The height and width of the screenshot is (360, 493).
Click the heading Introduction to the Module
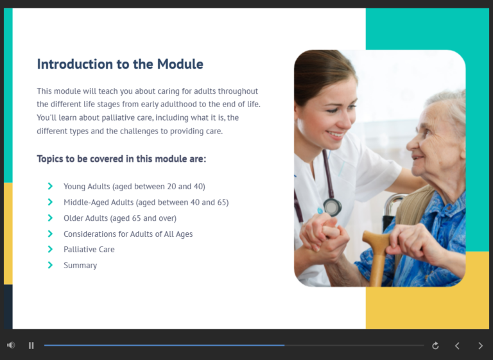pos(120,64)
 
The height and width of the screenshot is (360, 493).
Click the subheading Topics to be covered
pos(121,159)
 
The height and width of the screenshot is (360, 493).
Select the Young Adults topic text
pos(134,187)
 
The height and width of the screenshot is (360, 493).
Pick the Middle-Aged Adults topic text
pos(146,202)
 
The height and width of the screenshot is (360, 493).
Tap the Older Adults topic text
pos(119,218)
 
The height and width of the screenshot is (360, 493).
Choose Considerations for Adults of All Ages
pos(128,234)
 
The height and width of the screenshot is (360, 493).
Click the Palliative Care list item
pos(89,250)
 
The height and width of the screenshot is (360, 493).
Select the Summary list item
pos(80,266)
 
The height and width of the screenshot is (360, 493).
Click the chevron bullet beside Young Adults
pos(50,187)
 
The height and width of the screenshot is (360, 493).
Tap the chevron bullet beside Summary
pos(50,265)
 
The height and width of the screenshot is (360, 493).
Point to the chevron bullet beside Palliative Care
pos(50,250)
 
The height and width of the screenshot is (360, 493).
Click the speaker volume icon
pos(11,345)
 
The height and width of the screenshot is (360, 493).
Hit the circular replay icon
pos(435,346)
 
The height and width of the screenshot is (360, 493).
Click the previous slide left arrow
pos(457,346)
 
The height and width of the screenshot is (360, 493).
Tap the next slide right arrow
pos(480,346)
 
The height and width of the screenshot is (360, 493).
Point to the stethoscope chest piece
pos(332,207)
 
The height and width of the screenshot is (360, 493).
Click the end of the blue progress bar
pos(284,345)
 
